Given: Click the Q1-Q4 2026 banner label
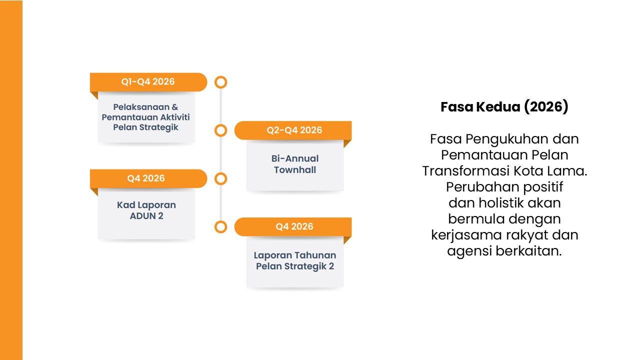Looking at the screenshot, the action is pyautogui.click(x=147, y=81).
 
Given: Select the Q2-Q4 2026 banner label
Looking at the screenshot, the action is pyautogui.click(x=294, y=130).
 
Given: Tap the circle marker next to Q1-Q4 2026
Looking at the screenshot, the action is pyautogui.click(x=221, y=82).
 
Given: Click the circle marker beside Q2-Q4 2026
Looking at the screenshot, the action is pyautogui.click(x=221, y=130).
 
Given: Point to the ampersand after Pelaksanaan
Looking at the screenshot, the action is pyautogui.click(x=175, y=107).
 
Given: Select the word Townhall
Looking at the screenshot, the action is pyautogui.click(x=295, y=169).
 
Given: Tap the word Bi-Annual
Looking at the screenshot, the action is pyautogui.click(x=295, y=158).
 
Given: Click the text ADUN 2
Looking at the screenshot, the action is pyautogui.click(x=146, y=216).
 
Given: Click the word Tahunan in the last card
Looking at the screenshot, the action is pyautogui.click(x=315, y=255).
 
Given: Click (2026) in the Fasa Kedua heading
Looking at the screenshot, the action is pyautogui.click(x=546, y=107).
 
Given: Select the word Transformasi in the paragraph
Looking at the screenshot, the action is pyautogui.click(x=466, y=171).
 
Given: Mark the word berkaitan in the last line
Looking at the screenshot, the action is pyautogui.click(x=528, y=251).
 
